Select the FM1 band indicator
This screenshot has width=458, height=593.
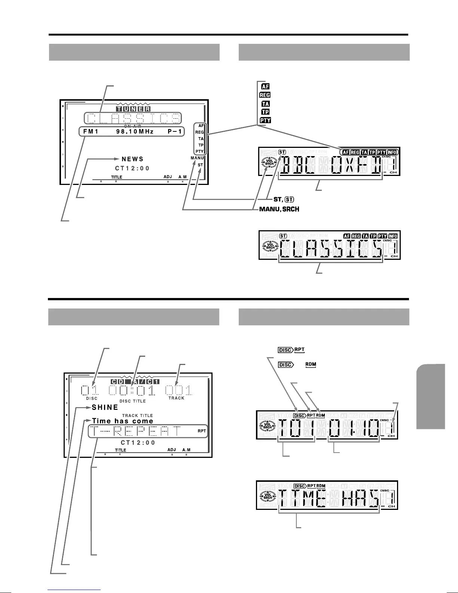tap(91, 132)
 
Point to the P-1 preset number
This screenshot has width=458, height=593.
tap(174, 132)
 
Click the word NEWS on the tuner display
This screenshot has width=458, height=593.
tap(132, 159)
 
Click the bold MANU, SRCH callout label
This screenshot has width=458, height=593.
tap(279, 209)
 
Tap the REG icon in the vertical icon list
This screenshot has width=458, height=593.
tap(265, 95)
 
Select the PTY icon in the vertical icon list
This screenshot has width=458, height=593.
tap(265, 120)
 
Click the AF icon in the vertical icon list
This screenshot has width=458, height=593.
tap(265, 87)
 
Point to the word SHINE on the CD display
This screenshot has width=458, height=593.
tap(105, 408)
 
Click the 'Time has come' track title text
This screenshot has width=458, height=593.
tap(123, 421)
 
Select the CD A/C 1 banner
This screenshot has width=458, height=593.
tap(135, 381)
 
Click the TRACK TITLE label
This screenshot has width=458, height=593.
tap(137, 415)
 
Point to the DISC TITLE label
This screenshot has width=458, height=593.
tap(132, 401)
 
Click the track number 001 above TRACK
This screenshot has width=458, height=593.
tap(179, 390)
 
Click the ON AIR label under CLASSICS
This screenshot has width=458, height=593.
tap(132, 126)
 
